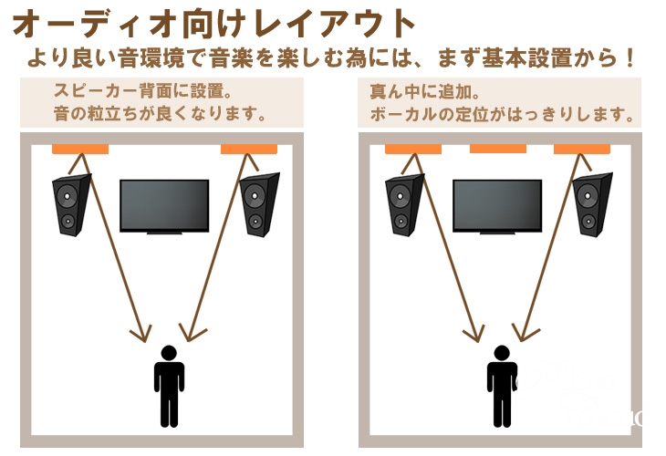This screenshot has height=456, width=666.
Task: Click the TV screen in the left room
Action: [x=164, y=205]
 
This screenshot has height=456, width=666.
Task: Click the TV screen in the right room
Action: [x=497, y=205]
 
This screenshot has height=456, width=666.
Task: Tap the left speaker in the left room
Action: [x=71, y=205]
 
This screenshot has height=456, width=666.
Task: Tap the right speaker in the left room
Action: [x=259, y=204]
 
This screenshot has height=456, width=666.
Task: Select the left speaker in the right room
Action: [x=404, y=205]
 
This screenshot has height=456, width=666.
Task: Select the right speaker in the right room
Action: [x=592, y=204]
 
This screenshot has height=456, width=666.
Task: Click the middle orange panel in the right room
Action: [x=498, y=149]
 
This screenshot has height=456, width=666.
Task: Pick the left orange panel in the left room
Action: [x=80, y=149]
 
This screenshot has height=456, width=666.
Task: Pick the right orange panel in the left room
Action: [x=249, y=149]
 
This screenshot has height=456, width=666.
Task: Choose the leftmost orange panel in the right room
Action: [x=413, y=149]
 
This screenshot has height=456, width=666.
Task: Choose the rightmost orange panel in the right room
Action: [x=582, y=149]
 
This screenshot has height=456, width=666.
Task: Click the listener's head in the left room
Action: [x=169, y=353]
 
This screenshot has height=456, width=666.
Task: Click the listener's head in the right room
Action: [x=502, y=353]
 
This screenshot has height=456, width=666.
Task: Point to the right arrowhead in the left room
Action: [x=192, y=333]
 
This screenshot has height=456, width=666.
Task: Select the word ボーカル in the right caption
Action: [x=403, y=114]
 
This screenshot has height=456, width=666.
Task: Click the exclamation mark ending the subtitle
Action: [x=629, y=58]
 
